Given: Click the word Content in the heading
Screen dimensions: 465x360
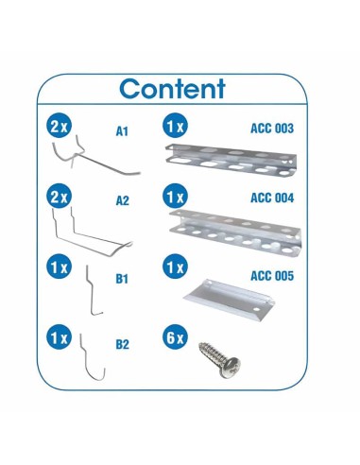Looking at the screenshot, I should click(173, 90).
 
